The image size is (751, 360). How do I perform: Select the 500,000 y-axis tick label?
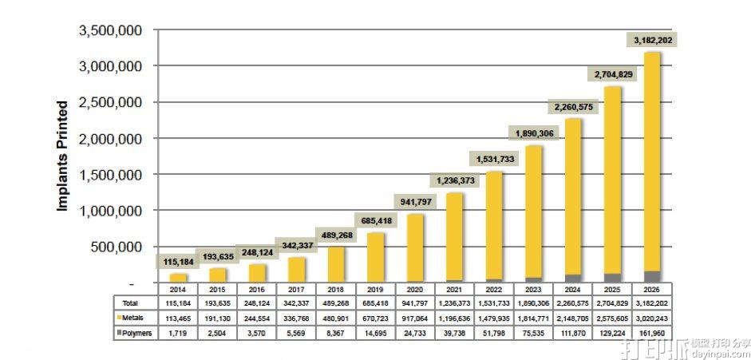117,247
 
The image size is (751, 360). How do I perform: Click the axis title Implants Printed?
62,156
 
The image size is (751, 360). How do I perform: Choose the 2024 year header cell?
571,289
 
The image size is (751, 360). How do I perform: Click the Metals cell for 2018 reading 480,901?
334,318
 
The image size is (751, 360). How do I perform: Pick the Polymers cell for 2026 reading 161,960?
650,333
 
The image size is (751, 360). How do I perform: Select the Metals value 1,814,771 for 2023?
532,318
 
